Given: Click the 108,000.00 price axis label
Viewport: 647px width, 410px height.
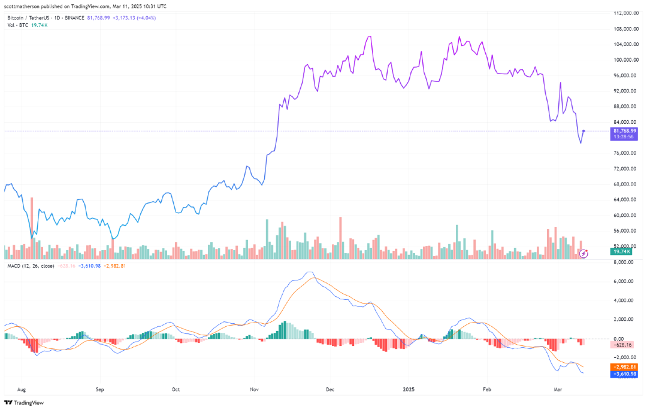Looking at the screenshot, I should click(624, 29).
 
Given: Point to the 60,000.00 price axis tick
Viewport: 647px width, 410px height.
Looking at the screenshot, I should click(624, 215).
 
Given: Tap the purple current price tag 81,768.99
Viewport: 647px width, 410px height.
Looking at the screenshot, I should click(624, 130).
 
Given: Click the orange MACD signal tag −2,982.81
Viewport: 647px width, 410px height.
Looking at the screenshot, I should click(624, 367).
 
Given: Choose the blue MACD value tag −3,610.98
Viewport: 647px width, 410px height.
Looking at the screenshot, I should click(624, 374).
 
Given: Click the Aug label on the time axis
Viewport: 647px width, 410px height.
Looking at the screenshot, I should click(22, 388).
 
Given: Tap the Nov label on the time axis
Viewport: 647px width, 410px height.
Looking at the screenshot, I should click(254, 388).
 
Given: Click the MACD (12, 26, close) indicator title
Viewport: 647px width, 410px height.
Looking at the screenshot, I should click(31, 266).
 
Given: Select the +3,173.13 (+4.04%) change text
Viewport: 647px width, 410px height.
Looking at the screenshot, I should click(134, 18).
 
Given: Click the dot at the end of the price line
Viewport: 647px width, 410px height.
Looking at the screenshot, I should click(584, 130).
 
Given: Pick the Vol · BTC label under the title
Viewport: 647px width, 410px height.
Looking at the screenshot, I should click(17, 25).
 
